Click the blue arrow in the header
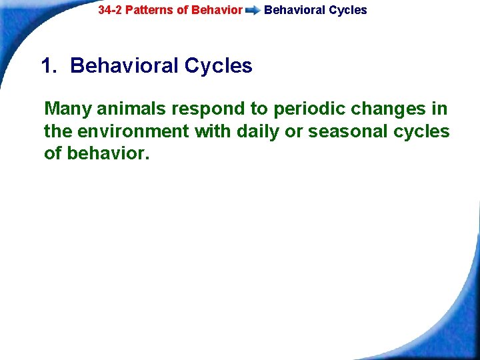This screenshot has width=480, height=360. pyautogui.click(x=253, y=11)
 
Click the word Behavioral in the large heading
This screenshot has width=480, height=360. pyautogui.click(x=124, y=66)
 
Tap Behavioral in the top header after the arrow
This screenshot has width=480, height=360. pyautogui.click(x=295, y=10)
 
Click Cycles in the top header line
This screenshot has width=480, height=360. pyautogui.click(x=348, y=10)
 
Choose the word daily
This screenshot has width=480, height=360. pyautogui.click(x=256, y=131)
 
